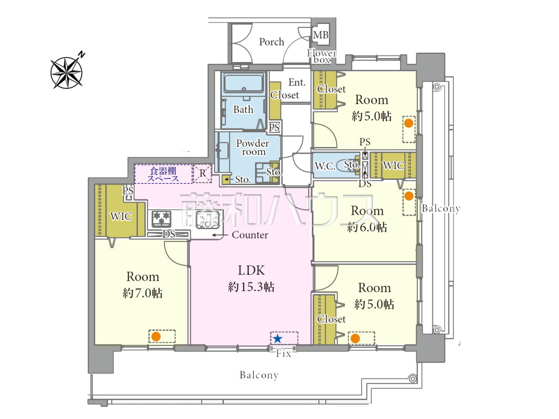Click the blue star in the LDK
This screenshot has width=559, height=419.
pos(277,339)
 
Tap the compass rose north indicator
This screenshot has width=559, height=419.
pos(67,72)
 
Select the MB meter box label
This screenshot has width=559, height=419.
pos(321,35)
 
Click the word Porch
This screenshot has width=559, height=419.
pos(272,42)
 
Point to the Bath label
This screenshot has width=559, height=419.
pos(243,110)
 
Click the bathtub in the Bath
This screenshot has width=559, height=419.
pos(244,82)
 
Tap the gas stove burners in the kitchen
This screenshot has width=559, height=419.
pos(162,219)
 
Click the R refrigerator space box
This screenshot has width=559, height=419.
pos(203,173)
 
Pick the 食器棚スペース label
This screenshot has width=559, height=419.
pos(163,174)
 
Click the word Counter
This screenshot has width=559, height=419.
pos(250,235)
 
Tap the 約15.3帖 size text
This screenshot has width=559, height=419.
pos(251,287)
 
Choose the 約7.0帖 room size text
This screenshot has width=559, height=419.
pos(142,293)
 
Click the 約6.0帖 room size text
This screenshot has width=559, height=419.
pos(367,227)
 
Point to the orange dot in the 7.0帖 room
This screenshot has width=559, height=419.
pos(156,337)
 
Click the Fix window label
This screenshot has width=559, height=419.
pos(283,354)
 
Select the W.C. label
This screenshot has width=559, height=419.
pos(325,166)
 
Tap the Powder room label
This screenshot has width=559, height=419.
pos(252,147)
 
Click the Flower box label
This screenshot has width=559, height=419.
pos(322,56)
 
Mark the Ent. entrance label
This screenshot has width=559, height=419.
pos(297,82)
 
